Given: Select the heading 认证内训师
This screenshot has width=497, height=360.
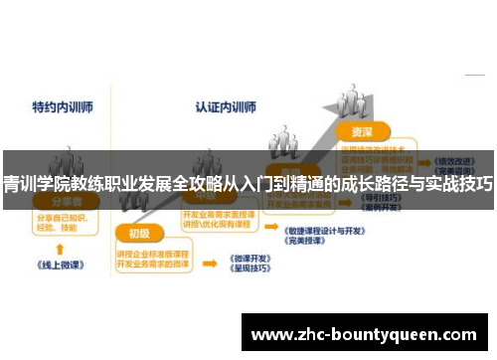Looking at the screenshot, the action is click(226, 103).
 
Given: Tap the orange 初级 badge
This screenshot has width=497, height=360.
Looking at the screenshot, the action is click(139, 234).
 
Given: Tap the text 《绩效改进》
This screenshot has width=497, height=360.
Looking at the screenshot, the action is click(454, 160).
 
